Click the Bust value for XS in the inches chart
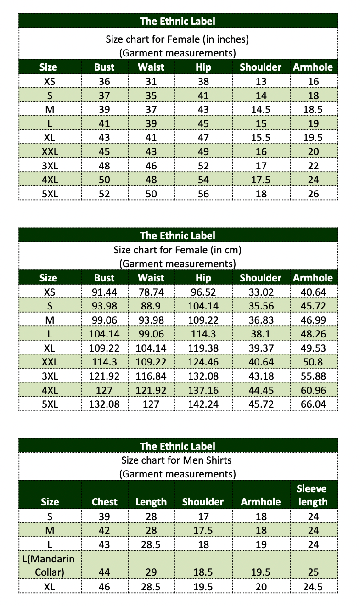(x=104, y=82)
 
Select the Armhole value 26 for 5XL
(x=313, y=194)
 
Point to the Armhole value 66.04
(x=313, y=404)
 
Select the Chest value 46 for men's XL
(x=104, y=587)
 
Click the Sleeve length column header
(x=313, y=495)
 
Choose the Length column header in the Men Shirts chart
(x=151, y=502)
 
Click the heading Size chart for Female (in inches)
(x=177, y=39)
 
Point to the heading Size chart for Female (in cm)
(x=177, y=250)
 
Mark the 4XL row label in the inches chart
(x=49, y=180)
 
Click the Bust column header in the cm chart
(x=104, y=278)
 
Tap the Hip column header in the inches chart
(x=203, y=67)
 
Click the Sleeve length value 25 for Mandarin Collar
(x=313, y=572)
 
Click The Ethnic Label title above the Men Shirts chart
(x=177, y=446)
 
